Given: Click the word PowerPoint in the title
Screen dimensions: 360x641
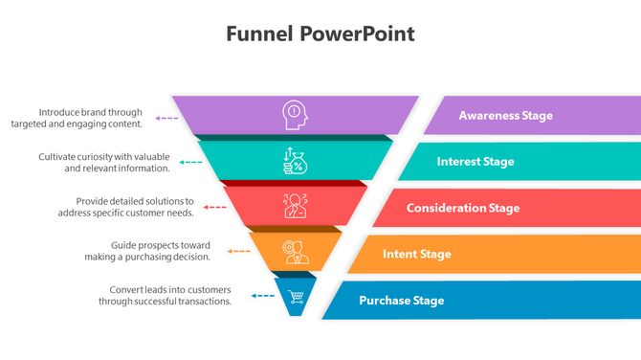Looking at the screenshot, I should click(357, 34).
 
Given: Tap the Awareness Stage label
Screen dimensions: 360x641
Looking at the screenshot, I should click(505, 116).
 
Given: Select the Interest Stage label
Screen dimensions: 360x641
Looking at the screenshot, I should click(475, 162).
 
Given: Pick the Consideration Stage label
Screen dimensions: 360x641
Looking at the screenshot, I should click(463, 208).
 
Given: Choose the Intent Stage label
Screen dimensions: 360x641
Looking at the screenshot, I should click(417, 254).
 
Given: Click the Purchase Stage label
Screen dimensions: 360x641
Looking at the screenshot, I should click(402, 301).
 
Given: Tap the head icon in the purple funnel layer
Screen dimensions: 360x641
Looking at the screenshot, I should click(295, 115).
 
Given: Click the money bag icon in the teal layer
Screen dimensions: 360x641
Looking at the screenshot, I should click(295, 161).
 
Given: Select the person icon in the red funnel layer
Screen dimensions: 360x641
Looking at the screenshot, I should click(295, 206).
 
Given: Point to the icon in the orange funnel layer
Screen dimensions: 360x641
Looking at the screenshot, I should click(295, 252).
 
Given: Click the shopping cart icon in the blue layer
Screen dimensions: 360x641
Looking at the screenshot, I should click(296, 297).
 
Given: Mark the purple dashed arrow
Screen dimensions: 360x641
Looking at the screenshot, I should click(166, 118).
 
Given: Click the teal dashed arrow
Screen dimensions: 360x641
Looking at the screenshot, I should click(191, 163).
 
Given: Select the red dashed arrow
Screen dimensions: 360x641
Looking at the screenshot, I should click(214, 207).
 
